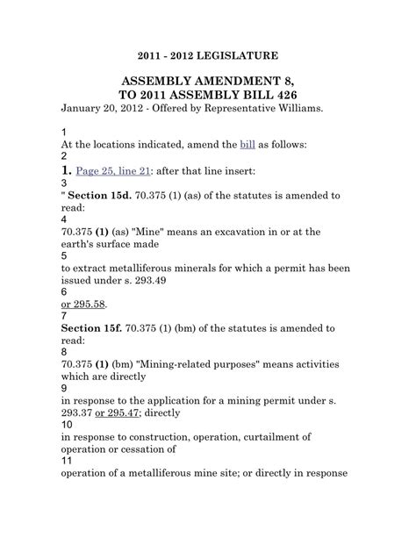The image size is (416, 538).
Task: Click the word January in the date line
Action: point(85,109)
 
